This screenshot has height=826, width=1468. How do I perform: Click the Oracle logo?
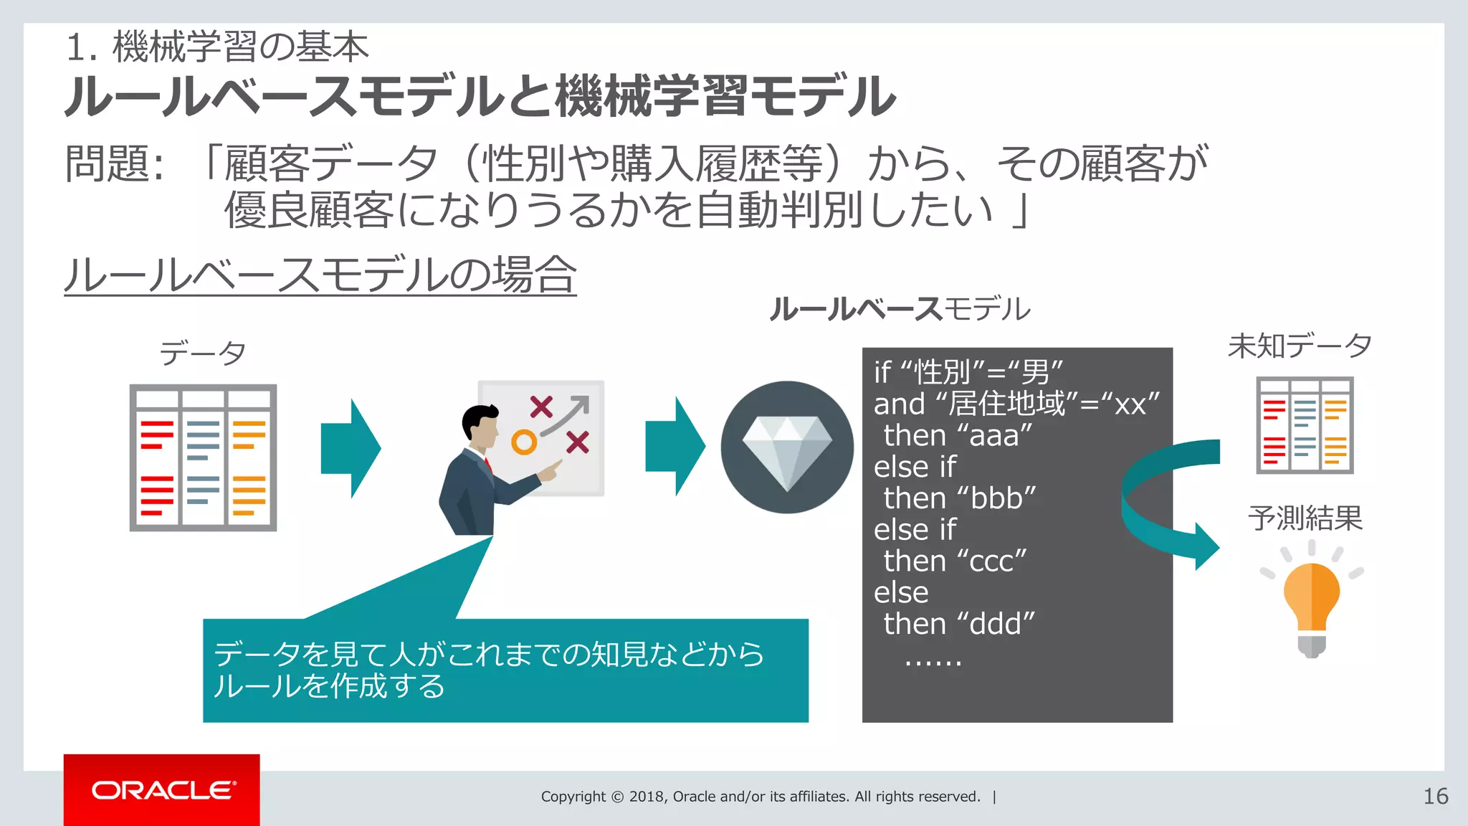point(162,789)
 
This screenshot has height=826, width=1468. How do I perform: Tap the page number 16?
point(1435,796)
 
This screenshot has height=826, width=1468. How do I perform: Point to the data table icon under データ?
point(203,457)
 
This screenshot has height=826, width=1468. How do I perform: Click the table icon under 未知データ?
point(1305,425)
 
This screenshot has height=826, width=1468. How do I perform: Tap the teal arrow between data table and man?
point(351,449)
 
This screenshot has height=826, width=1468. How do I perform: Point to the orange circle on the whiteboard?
point(524,442)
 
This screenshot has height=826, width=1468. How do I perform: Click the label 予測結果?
point(1305,518)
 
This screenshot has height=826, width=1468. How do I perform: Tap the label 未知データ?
point(1300,346)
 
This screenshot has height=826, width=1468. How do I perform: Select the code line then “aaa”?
point(958,435)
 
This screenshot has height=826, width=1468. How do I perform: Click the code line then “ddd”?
point(959,624)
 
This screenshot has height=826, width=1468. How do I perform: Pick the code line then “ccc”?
point(955,561)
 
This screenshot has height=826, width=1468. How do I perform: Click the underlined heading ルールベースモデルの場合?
point(320,275)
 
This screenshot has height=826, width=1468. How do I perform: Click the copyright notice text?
point(760,797)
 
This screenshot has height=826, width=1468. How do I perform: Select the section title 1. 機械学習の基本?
point(217,47)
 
